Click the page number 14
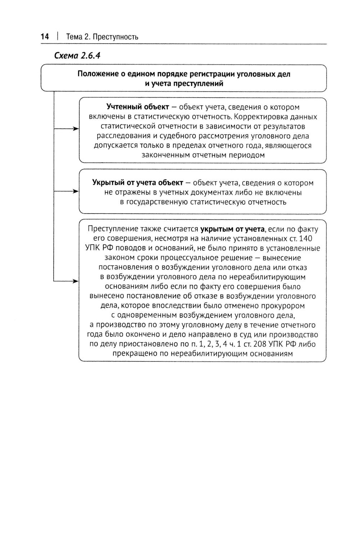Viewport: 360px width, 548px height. point(45,37)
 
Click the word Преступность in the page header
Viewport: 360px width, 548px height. point(116,37)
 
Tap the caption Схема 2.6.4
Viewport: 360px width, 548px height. point(77,56)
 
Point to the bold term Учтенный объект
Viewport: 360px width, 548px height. point(138,107)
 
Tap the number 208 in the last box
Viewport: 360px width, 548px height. point(260,344)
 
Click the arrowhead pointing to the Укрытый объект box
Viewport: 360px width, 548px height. point(76,192)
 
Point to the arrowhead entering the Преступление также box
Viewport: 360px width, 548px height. point(76,281)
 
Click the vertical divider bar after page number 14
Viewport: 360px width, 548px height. point(57,37)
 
